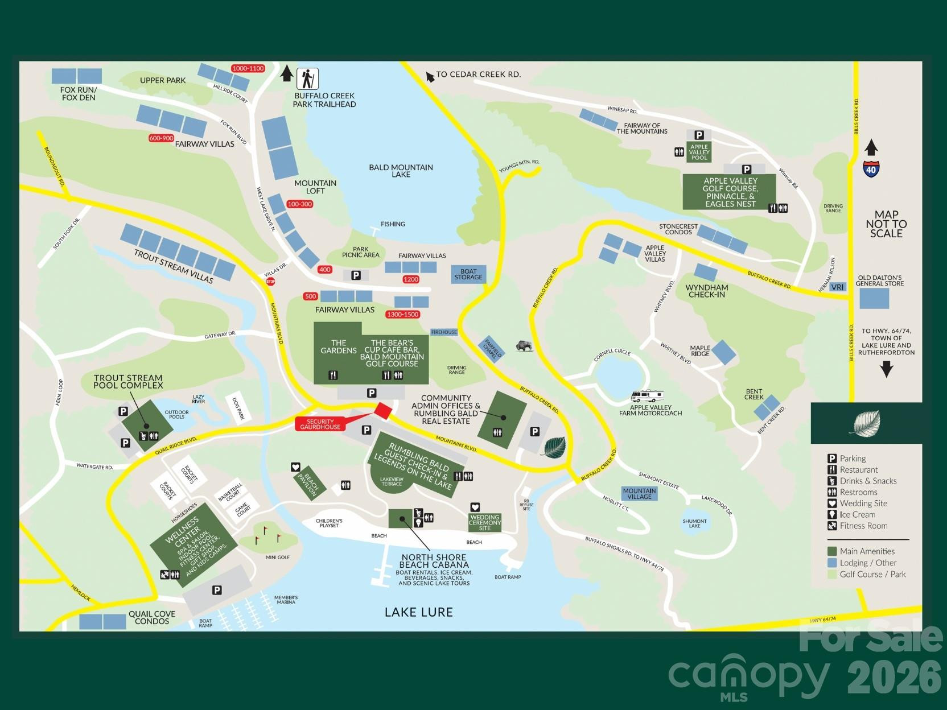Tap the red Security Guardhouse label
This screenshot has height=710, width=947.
pos(320,424)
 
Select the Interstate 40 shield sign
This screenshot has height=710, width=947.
pos(871,169)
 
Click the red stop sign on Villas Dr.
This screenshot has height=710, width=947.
pos(271,281)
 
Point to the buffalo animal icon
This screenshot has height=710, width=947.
pos(524,345)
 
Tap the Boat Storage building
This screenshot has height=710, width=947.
pos(468,274)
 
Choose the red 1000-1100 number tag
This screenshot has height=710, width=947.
pos(248,68)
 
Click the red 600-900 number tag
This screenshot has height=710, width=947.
pos(161,138)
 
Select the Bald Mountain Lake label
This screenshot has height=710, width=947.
pos(401,171)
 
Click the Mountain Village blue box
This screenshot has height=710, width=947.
pos(639,493)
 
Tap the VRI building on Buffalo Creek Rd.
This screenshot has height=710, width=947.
pos(837,287)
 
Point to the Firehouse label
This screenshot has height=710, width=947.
pos(444,332)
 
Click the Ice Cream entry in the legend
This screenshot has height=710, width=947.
pos(857,514)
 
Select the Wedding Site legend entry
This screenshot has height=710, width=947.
pos(863,503)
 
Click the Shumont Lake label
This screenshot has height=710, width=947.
pos(694,523)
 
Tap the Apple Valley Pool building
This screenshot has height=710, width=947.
pos(699,152)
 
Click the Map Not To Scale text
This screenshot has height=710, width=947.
pos(886,224)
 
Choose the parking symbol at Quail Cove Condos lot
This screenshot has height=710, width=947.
pos(217,590)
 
